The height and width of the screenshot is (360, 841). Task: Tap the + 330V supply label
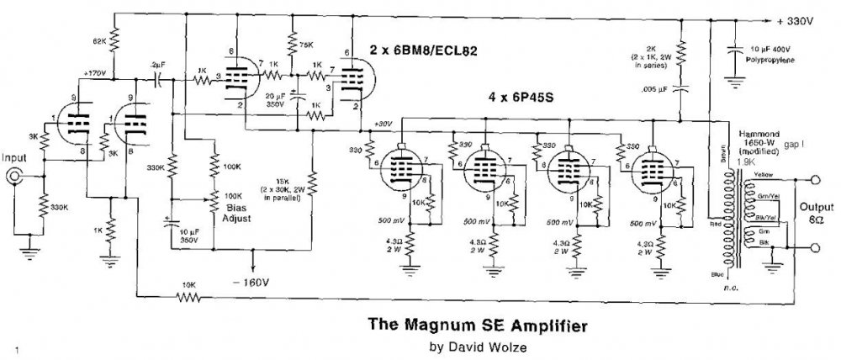pos(796,20)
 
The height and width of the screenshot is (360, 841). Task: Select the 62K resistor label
pos(98,40)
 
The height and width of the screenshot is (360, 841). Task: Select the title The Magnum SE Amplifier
pos(443,322)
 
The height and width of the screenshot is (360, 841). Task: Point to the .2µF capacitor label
pos(156,64)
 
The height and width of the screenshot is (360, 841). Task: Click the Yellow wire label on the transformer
pos(764,175)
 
